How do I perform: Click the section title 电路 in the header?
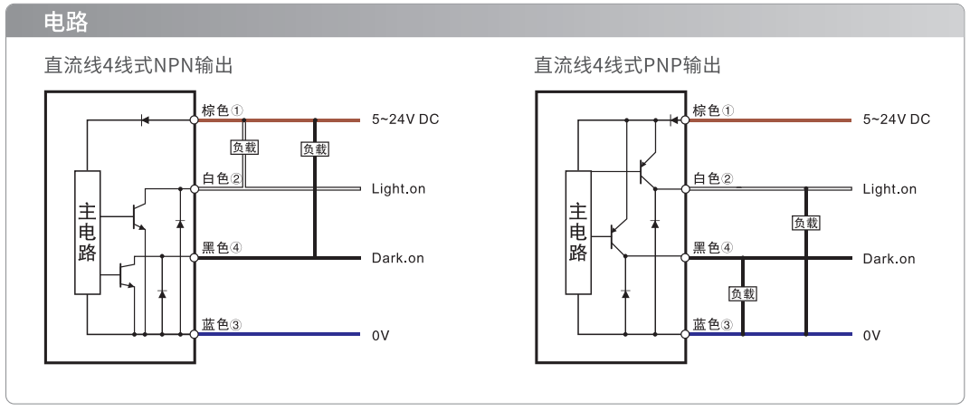(x=66, y=23)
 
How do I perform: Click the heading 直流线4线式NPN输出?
(x=138, y=65)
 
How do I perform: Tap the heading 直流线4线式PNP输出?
(x=628, y=65)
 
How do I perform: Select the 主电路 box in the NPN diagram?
(x=87, y=232)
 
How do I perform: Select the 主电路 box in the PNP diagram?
(x=578, y=232)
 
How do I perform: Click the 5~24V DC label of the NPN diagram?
(x=405, y=119)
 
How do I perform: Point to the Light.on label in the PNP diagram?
(x=889, y=189)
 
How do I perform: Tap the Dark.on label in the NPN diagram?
(x=398, y=258)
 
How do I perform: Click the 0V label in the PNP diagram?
(x=871, y=336)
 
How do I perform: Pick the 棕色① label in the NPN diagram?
(x=222, y=110)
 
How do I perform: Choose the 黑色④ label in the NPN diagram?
(x=222, y=247)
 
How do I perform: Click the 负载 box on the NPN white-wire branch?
(x=244, y=148)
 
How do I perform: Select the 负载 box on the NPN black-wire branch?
(x=314, y=148)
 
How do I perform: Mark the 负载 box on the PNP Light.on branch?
(x=806, y=223)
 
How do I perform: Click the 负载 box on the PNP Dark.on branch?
(x=743, y=293)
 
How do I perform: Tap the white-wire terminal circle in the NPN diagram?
(x=194, y=189)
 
